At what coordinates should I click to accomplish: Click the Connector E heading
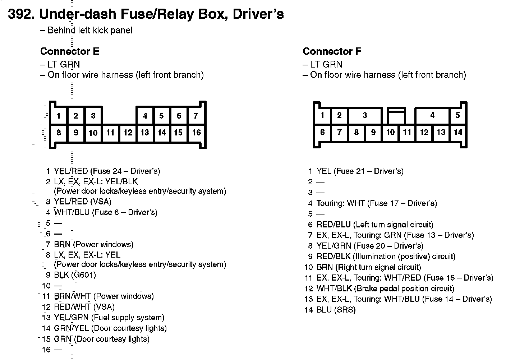[70, 51]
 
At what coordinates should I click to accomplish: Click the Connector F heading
[332, 51]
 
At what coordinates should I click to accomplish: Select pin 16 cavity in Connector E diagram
[196, 133]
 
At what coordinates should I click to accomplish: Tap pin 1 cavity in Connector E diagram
[59, 116]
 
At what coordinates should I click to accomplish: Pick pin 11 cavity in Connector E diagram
[110, 133]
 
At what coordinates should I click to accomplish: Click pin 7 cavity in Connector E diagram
[196, 116]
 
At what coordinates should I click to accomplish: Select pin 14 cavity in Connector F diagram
[458, 132]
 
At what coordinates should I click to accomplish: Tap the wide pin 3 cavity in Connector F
[365, 115]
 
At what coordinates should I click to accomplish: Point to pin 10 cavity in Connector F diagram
[390, 132]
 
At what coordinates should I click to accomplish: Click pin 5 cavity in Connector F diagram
[457, 115]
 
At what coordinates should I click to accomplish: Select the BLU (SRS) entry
[336, 310]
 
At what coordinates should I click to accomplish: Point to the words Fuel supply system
[128, 318]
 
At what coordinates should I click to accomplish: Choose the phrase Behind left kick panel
[90, 31]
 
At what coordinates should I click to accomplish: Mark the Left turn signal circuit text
[394, 225]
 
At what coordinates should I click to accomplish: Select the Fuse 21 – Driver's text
[369, 171]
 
